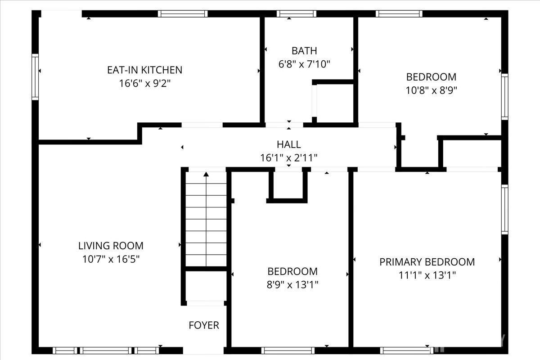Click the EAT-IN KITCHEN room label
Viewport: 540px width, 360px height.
click(144, 70)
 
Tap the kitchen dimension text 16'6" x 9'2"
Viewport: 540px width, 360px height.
click(144, 83)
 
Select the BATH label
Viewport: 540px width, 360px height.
click(304, 50)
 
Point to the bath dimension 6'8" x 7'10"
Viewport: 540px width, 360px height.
click(304, 64)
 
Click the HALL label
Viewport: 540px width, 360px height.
click(288, 144)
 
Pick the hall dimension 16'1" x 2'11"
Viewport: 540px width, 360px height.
click(288, 158)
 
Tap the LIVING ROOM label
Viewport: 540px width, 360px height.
click(111, 246)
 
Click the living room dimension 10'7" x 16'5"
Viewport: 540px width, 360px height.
click(111, 259)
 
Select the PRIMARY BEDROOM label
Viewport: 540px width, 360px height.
click(427, 262)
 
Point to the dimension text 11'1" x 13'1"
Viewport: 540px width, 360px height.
click(427, 275)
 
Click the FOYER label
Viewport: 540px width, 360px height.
click(204, 325)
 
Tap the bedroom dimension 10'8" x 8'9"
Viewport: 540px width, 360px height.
click(431, 90)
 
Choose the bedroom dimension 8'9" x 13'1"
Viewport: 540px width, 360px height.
click(292, 285)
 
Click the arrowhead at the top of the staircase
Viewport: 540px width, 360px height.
click(206, 174)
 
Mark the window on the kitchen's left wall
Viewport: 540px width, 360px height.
click(35, 76)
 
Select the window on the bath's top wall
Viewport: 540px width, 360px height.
click(290, 13)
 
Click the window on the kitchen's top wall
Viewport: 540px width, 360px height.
click(183, 13)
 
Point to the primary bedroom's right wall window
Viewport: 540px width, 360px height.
click(504, 209)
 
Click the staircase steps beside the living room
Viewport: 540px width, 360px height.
click(206, 220)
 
